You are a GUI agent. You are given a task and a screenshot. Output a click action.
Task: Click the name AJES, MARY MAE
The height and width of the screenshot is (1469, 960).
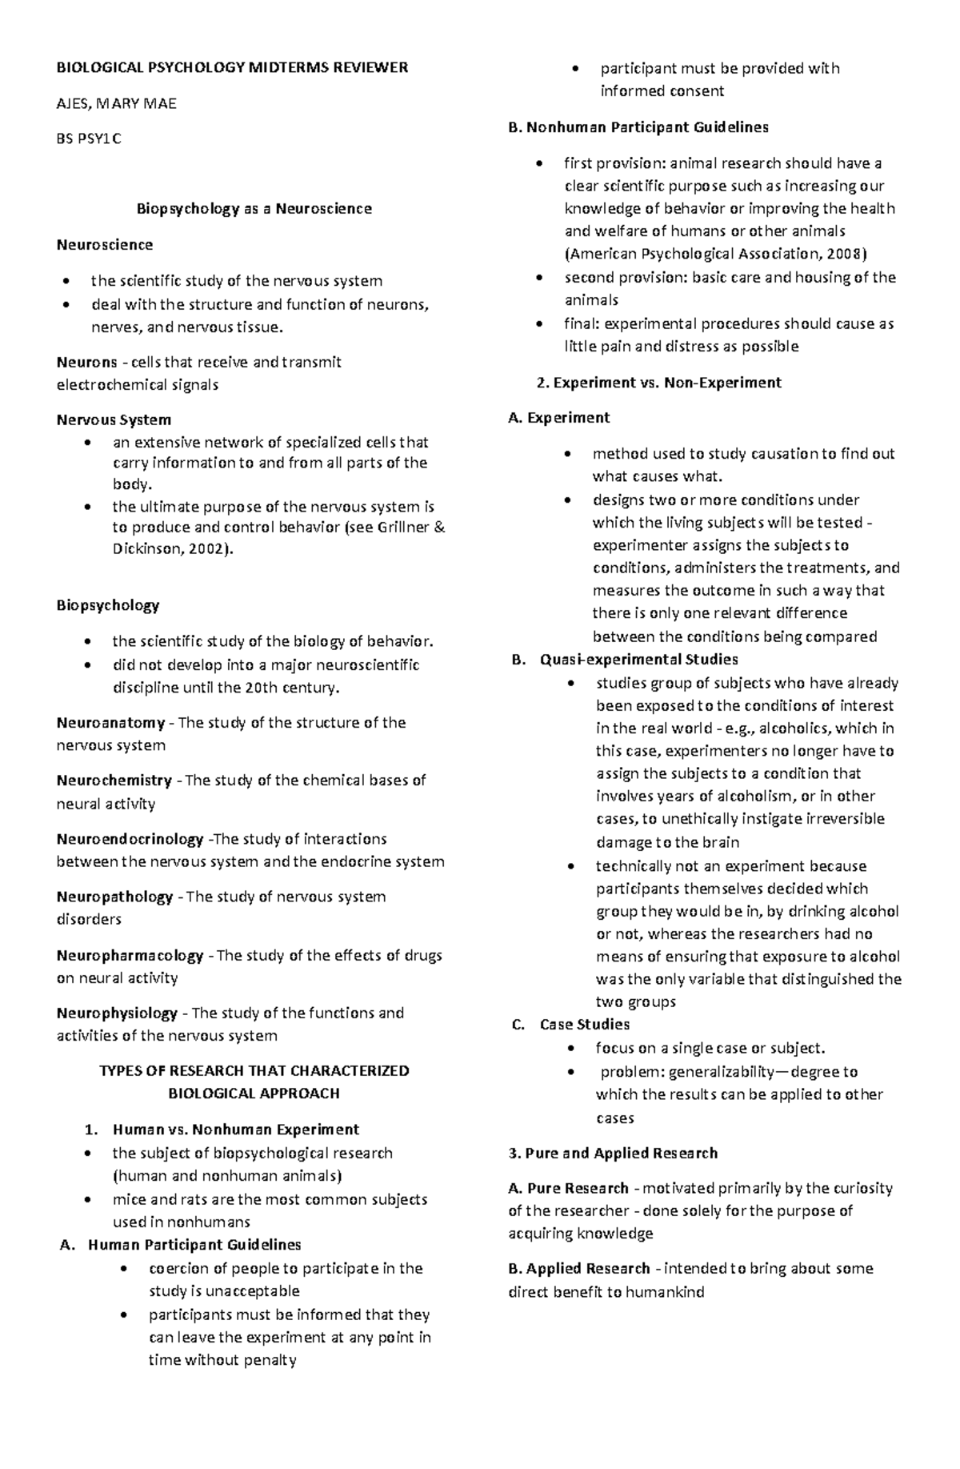coord(116,103)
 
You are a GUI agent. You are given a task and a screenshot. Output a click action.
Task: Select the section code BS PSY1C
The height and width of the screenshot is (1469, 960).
coord(89,138)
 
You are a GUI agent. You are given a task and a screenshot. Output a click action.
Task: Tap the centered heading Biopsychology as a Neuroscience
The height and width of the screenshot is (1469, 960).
coord(254,209)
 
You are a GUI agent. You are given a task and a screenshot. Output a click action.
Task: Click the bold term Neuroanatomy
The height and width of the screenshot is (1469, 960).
coord(110,723)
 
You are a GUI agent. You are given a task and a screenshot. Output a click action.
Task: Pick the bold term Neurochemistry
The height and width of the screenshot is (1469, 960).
coord(114,781)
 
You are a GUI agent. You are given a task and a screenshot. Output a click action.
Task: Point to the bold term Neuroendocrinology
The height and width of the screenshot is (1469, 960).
coord(130,839)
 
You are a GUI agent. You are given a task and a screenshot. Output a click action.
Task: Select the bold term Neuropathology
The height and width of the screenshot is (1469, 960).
coord(114,897)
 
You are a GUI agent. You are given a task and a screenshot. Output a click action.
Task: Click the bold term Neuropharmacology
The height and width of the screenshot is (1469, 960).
coord(130,955)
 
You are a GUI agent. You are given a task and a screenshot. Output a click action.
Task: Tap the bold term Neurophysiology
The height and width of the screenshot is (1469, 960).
coord(117,1013)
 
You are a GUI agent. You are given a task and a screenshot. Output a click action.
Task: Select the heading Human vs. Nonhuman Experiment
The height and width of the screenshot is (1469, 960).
coord(236,1130)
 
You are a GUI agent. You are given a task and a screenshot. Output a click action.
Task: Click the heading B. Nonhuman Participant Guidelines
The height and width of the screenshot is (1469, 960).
coord(638,126)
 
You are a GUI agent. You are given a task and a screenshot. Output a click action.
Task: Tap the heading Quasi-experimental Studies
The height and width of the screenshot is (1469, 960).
coord(638,660)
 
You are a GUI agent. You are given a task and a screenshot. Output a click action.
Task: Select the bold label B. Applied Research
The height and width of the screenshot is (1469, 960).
coord(579,1268)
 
